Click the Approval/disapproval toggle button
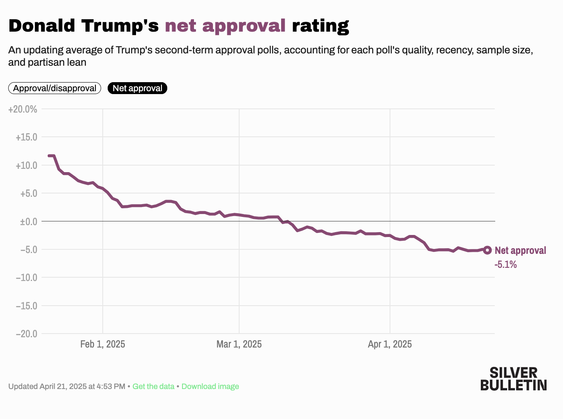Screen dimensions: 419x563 [x=55, y=88]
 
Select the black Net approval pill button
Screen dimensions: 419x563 [x=137, y=88]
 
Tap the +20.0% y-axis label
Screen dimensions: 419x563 [x=23, y=109]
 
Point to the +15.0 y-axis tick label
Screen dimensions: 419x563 [x=26, y=137]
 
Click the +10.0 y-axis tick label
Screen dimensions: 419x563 [x=26, y=166]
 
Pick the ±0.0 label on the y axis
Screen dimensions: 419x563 [x=28, y=221]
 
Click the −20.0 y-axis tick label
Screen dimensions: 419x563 [x=26, y=334]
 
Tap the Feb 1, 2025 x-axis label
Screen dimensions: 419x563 [x=103, y=344]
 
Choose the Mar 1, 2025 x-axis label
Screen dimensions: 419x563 [x=239, y=344]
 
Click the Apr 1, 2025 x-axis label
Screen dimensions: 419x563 [x=390, y=344]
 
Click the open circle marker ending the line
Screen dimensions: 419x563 [x=487, y=250]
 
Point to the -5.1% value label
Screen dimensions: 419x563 [x=505, y=265]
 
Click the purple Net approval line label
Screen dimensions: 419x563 [x=520, y=251]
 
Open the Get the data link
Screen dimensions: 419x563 [x=153, y=387]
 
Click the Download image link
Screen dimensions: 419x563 [x=210, y=387]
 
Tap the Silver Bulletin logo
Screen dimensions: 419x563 [x=513, y=379]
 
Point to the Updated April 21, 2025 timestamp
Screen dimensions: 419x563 [x=67, y=387]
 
